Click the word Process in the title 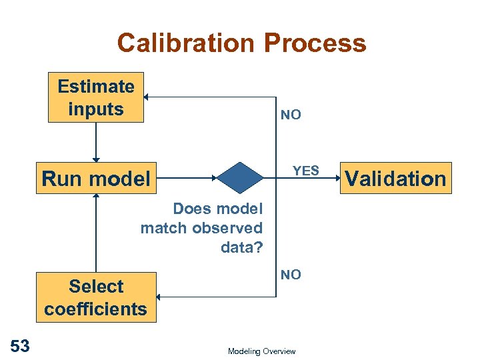(x=315, y=43)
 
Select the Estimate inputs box (x=96, y=97)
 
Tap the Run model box (x=96, y=179)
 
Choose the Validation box (x=395, y=178)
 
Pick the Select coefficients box (x=96, y=297)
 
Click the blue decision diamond (x=241, y=177)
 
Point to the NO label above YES (x=291, y=115)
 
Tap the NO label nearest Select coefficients (x=291, y=274)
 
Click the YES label (x=307, y=171)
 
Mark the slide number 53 (x=20, y=345)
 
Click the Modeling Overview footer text (x=261, y=351)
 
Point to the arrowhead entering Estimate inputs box (x=148, y=97)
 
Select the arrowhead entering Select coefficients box (x=161, y=297)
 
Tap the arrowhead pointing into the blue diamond (x=215, y=178)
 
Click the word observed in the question (x=227, y=228)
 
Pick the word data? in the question (x=241, y=247)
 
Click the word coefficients (x=96, y=309)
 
